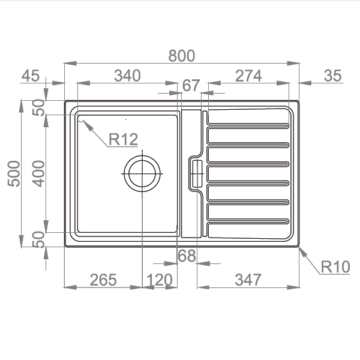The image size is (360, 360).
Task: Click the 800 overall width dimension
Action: coord(182,56)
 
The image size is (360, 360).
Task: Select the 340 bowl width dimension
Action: coord(127,76)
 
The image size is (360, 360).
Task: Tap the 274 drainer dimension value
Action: coord(248,76)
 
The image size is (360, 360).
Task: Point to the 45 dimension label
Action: coord(31,76)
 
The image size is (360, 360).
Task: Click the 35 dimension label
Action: coord(332,76)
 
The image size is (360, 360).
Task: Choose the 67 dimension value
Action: coord(191,85)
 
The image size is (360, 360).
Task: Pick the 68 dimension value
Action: coord(187,256)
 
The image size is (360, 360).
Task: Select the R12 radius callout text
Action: coord(123,139)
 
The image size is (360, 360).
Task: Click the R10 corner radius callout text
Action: coord(335,267)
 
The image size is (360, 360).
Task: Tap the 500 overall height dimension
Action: coord(14,173)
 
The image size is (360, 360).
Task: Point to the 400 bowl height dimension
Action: coord(38,173)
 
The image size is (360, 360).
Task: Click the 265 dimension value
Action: coord(103,280)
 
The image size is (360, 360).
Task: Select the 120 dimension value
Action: coord(159,280)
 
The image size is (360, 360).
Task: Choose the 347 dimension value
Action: coord(248,280)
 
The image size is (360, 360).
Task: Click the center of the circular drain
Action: coord(142,173)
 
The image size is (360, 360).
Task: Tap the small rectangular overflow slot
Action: coord(197,173)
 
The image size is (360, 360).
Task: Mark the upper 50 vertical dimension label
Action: coord(38,107)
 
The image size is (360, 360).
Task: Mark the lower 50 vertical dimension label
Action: coord(38,239)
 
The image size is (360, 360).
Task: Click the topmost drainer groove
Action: coord(248,126)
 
